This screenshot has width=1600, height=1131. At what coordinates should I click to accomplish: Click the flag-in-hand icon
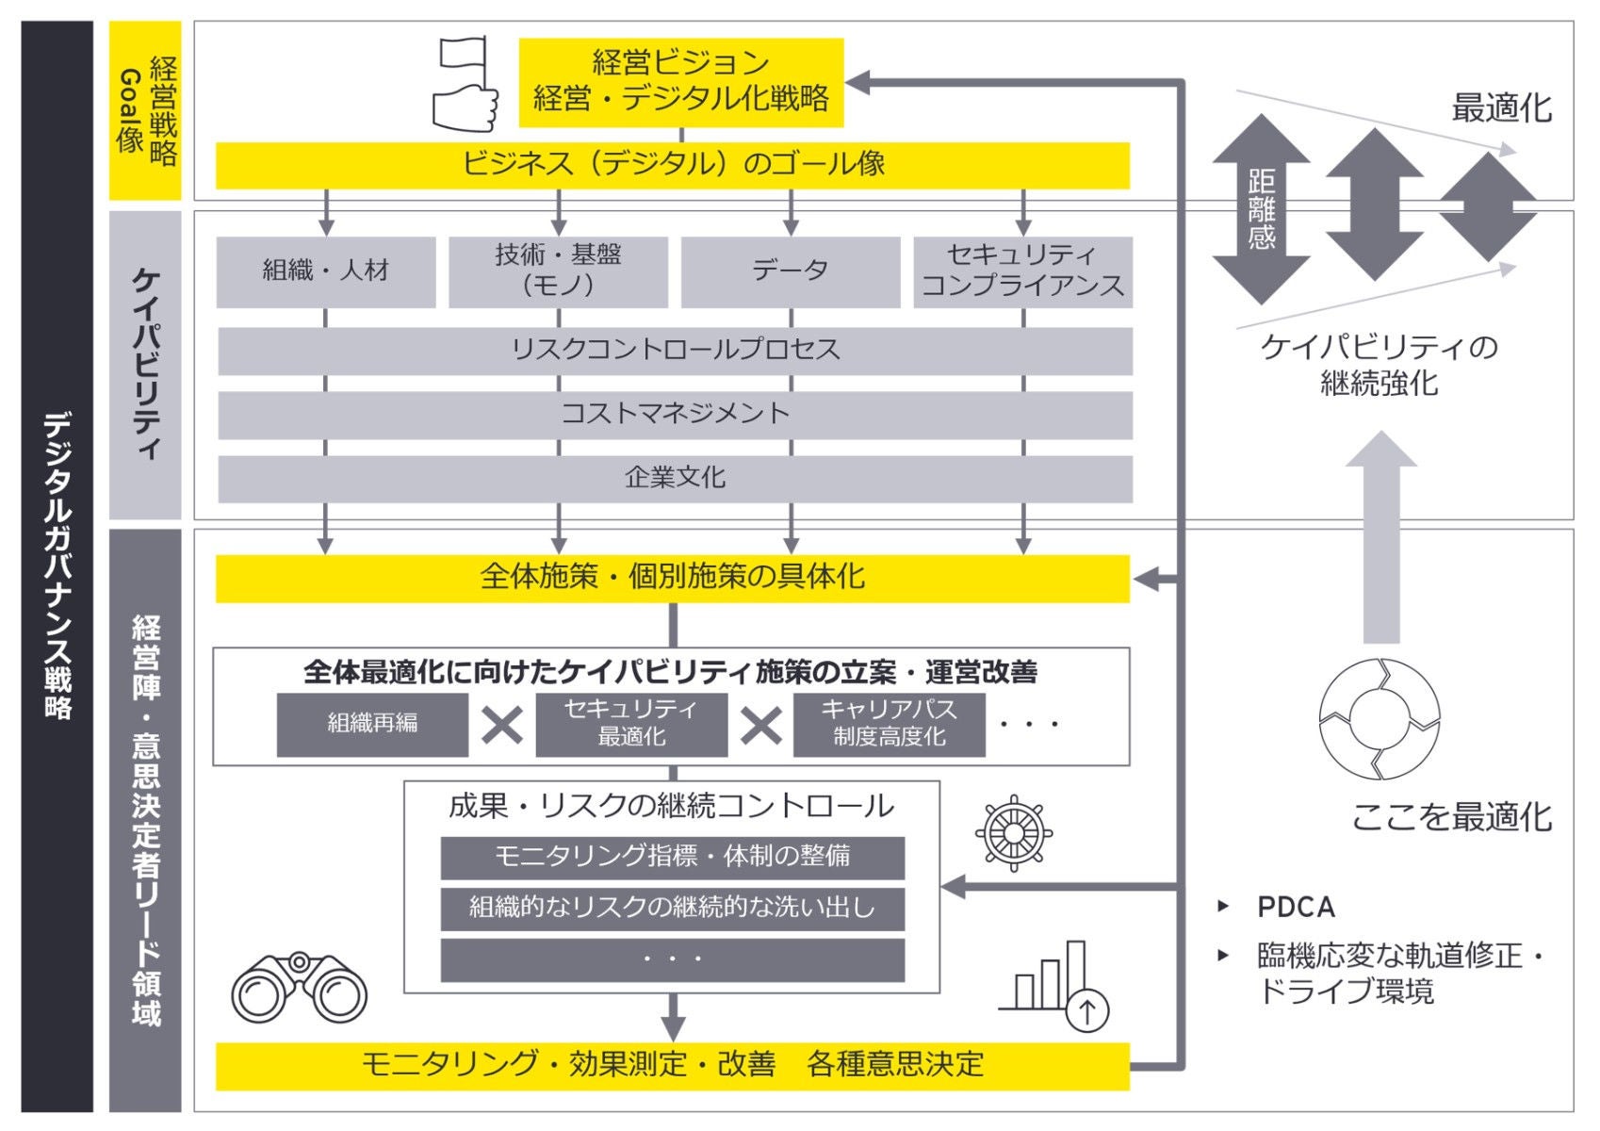point(465,85)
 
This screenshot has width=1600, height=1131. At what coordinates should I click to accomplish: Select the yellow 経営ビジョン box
point(680,82)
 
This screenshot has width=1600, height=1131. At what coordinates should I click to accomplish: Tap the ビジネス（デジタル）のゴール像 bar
point(672,165)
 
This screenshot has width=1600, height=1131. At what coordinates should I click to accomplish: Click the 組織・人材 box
point(326,271)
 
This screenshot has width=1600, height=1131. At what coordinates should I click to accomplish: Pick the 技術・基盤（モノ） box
point(558,271)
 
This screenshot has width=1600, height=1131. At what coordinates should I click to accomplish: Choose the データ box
point(790,271)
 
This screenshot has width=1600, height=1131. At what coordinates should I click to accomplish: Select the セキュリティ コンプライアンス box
point(1022,271)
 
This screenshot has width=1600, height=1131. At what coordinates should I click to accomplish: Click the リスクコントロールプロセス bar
point(675,351)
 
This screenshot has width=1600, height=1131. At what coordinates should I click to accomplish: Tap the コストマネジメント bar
point(675,415)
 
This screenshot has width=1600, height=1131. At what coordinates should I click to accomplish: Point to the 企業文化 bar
point(675,479)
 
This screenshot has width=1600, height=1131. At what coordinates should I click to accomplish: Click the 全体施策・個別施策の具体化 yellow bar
point(672,578)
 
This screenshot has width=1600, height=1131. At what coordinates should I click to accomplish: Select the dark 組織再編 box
point(372,725)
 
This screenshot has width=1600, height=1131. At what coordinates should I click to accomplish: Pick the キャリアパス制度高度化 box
point(889,725)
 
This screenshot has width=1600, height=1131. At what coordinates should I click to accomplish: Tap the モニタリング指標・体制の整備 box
point(672,857)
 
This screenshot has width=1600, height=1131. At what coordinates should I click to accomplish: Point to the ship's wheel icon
point(1014,833)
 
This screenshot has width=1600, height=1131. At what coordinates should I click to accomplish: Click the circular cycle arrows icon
point(1380,719)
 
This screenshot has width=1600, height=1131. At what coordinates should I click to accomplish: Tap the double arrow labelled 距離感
point(1261,209)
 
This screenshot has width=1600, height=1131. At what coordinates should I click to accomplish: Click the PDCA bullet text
point(1296,908)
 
